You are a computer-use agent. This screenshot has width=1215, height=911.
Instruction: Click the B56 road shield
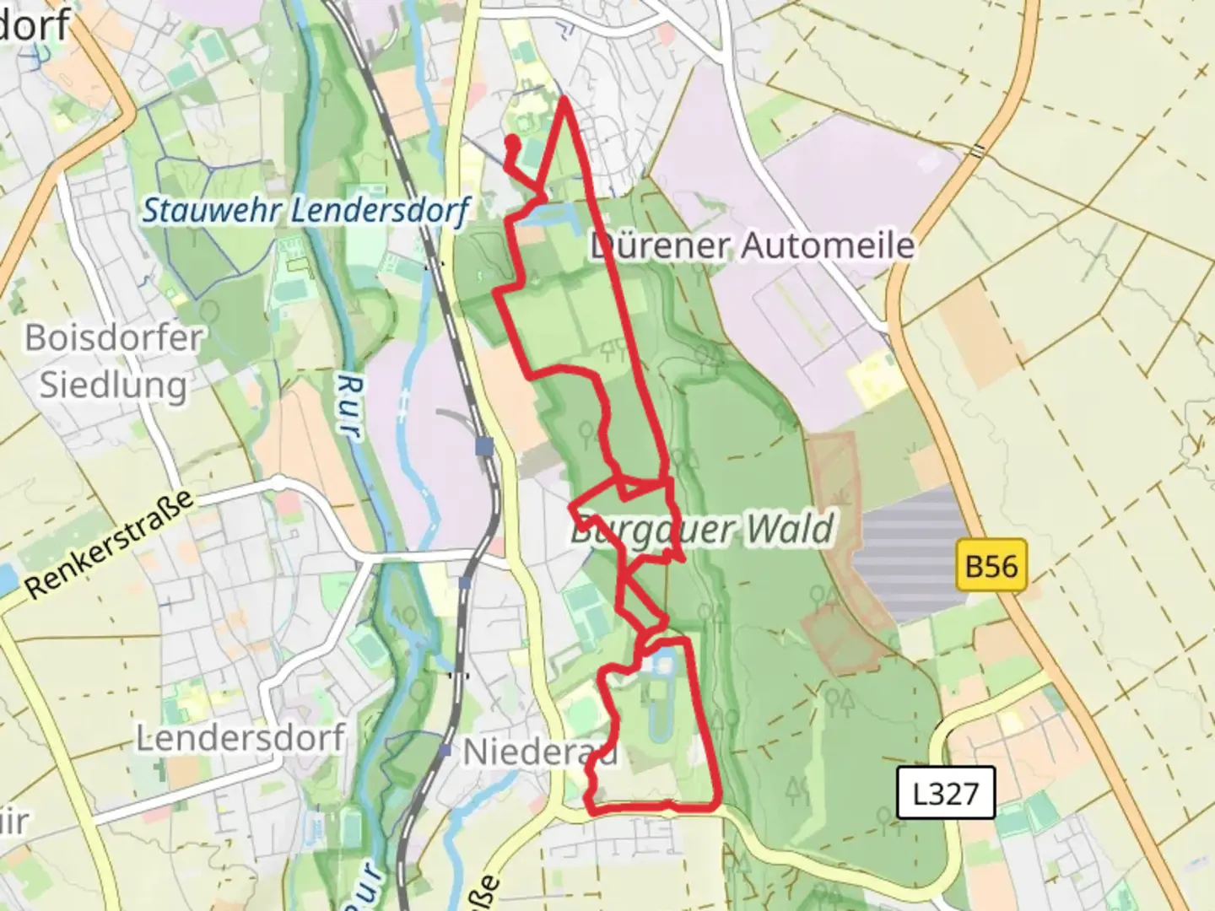[991, 564]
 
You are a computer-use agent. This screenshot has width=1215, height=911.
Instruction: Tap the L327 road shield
[945, 793]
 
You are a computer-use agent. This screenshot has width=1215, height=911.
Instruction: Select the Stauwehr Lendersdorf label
[305, 210]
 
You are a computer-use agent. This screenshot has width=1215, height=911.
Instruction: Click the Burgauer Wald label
[702, 531]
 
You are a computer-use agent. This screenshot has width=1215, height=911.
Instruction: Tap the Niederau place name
[540, 752]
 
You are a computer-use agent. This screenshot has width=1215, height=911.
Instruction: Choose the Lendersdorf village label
[240, 739]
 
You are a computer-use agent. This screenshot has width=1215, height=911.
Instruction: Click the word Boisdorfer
[114, 338]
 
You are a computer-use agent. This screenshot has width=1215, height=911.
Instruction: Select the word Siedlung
[114, 385]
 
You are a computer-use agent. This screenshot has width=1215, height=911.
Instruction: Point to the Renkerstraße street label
[110, 547]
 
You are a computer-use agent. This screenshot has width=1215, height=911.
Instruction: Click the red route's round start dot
[511, 142]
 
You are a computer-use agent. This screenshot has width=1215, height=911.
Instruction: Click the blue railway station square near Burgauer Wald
[484, 445]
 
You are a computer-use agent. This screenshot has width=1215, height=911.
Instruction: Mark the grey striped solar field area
[907, 553]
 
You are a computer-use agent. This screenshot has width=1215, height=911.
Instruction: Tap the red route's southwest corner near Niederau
[589, 810]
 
